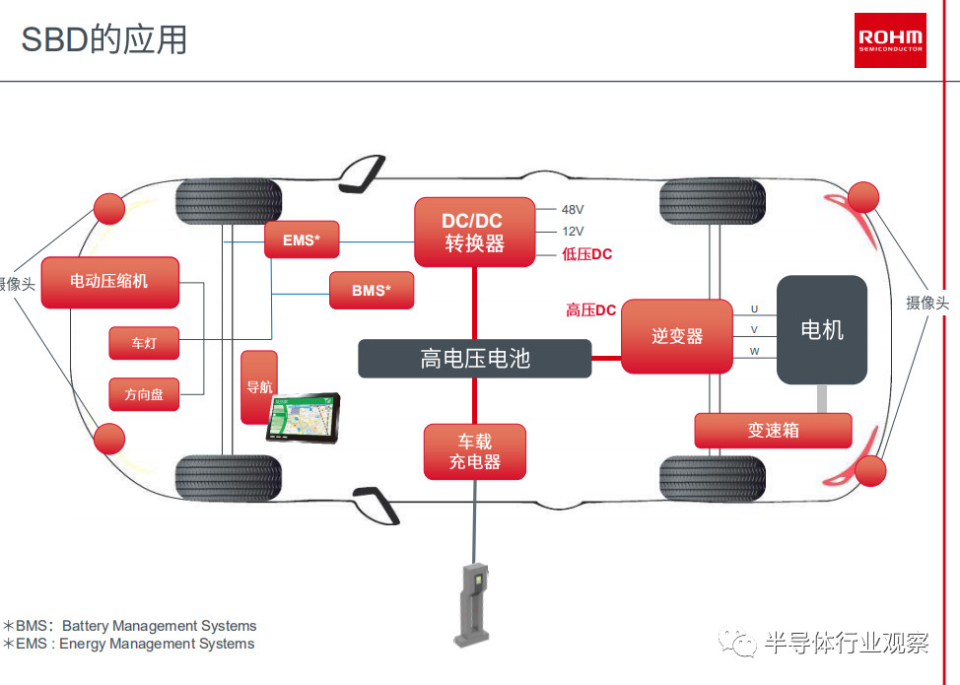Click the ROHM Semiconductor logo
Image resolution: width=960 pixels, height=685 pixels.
890,40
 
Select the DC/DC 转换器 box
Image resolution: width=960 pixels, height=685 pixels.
474,232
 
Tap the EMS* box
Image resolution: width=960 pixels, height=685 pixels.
302,240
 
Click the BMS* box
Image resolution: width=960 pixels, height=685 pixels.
372,290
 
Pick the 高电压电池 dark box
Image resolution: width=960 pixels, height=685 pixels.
474,359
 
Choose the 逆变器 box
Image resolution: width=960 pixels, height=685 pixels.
677,336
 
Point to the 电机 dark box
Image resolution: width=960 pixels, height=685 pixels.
822,330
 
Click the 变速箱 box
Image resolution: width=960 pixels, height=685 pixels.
773,431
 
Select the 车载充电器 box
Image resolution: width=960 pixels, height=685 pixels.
475,451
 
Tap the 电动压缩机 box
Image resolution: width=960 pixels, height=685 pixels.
110,282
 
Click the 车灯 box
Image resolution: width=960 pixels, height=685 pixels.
144,343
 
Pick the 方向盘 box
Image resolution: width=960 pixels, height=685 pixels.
144,394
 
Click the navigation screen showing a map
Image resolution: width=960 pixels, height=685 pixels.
303,418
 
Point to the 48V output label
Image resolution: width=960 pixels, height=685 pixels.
573,209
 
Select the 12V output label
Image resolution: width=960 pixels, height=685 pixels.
573,232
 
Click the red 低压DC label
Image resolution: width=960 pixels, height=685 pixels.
587,254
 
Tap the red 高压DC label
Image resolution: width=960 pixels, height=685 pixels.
590,310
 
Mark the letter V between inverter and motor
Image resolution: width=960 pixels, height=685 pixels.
754,330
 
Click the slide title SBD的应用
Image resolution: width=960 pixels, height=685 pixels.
104,40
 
